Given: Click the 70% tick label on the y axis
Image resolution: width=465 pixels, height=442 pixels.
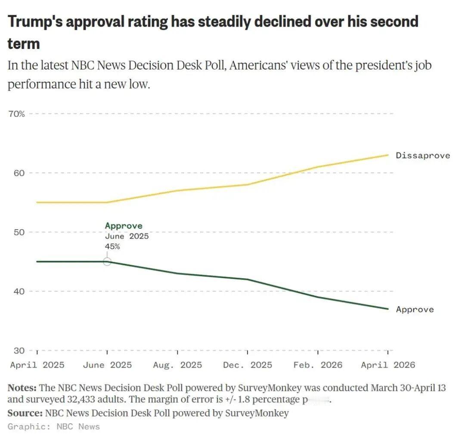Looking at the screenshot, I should click(17, 114).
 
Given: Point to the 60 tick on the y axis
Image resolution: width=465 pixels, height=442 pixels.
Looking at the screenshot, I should click(16, 173).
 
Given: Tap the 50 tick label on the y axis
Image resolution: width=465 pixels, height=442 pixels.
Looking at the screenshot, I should click(16, 232).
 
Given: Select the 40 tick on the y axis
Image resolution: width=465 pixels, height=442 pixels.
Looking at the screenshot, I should click(16, 292).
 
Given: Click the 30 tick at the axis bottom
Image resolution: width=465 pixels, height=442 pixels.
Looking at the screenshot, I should click(16, 350).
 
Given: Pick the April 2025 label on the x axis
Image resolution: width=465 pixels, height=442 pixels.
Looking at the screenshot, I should click(37, 365).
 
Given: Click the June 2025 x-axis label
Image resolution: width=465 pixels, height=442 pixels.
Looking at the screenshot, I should click(107, 365).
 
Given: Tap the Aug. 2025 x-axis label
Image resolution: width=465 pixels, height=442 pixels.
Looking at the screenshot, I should click(177, 365).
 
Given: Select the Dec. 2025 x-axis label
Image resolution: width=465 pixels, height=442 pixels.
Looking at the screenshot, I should click(248, 365).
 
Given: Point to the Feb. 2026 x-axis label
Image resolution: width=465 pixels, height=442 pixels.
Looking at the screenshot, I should click(318, 365).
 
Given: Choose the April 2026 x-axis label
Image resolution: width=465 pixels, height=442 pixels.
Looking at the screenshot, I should click(388, 365).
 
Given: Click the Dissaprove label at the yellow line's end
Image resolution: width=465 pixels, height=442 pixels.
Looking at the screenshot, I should click(423, 155).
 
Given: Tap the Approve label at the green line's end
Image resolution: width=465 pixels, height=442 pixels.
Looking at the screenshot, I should click(415, 310).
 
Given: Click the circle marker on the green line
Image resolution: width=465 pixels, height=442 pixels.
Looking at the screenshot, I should click(107, 261).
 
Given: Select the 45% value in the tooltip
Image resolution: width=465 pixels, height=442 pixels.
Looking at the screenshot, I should click(112, 247).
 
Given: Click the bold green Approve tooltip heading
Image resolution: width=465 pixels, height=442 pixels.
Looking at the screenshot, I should click(124, 226).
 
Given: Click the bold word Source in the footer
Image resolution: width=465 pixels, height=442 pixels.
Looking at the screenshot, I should click(25, 413).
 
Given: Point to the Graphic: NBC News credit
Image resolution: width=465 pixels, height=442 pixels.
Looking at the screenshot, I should click(54, 427).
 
